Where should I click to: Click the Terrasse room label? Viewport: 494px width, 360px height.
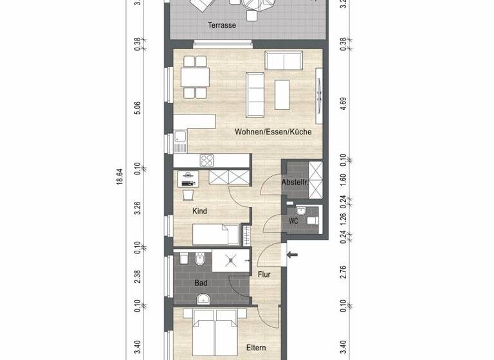221,26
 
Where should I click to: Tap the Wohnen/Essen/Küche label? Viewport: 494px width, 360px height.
273,132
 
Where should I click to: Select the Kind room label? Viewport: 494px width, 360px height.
200,210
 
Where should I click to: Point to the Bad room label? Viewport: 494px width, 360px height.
201,282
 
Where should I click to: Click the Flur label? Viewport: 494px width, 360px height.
263,274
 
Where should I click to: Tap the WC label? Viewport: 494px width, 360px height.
293,221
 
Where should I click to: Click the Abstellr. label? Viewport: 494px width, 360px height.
295,183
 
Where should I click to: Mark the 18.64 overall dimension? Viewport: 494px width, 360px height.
119,177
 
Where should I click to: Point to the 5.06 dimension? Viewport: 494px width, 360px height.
137,107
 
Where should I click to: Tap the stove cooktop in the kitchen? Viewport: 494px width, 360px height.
209,159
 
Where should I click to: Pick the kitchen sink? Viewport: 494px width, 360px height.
179,137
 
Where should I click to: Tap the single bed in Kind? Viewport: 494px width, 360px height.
216,234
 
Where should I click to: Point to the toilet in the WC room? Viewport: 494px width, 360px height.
312,221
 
